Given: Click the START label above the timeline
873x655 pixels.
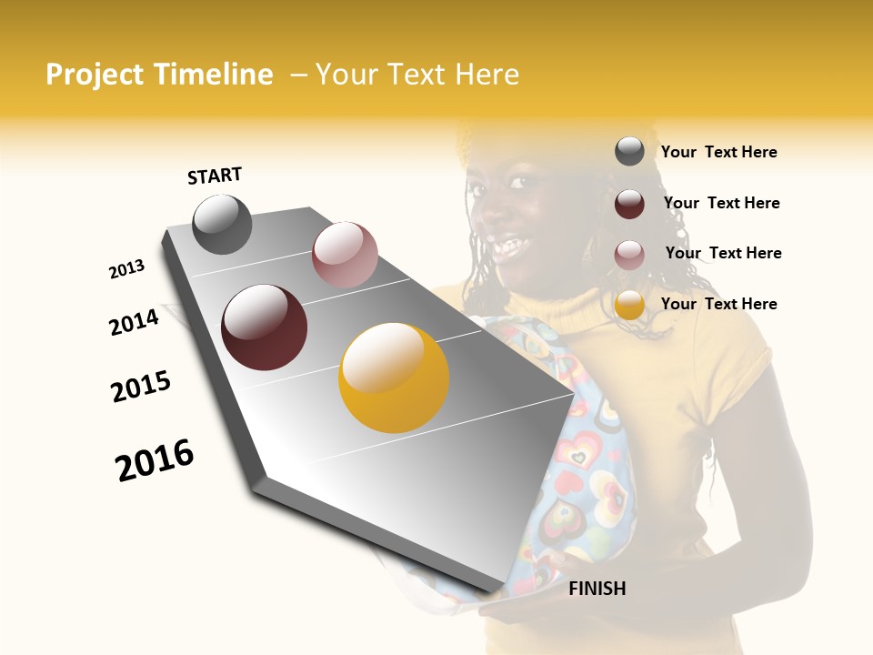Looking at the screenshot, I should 215,176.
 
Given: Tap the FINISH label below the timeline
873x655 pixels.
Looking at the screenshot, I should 597,589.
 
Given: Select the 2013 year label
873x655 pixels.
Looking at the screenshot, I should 126,269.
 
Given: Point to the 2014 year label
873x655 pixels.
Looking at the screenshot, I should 134,322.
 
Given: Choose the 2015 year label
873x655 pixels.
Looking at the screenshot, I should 141,387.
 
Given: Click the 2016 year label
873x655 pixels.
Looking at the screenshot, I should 155,460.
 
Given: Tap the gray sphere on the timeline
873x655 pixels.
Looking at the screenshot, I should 222,225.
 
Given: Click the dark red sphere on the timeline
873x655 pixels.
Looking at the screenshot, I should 264,327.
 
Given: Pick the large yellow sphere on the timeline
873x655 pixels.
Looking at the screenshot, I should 394,378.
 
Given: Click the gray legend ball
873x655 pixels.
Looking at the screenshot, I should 629,151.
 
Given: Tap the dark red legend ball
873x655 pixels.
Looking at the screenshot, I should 629,203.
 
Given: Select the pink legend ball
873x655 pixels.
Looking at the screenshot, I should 629,254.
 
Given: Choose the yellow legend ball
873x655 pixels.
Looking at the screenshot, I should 629,305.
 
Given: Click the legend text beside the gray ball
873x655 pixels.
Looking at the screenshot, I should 718,152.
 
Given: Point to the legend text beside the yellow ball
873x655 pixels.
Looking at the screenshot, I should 718,304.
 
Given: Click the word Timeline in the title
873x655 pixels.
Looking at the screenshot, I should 213,75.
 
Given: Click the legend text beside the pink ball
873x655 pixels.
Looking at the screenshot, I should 723,253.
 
